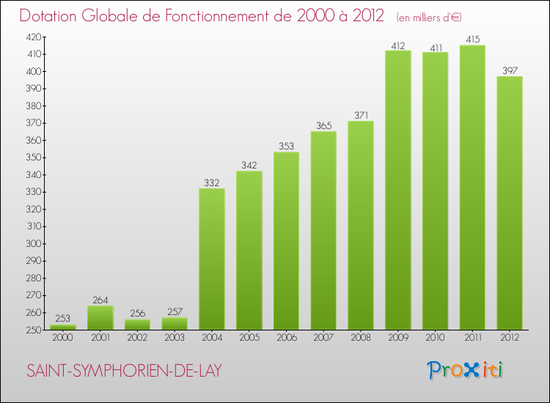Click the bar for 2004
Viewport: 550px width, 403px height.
point(212,259)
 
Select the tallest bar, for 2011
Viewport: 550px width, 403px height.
point(472,188)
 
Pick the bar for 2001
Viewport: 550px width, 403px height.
point(100,318)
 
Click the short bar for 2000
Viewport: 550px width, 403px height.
point(63,328)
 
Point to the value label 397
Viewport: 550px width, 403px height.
point(510,70)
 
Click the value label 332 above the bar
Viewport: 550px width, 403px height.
point(212,182)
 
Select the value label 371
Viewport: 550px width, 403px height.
point(361,115)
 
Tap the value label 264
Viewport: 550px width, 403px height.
point(100,300)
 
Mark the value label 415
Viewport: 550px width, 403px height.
point(472,39)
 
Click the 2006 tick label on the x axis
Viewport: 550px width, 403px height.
point(286,338)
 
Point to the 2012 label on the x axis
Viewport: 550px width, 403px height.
point(510,338)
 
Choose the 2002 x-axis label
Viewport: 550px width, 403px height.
point(137,338)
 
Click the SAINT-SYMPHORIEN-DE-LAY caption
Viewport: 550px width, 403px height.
point(124,371)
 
